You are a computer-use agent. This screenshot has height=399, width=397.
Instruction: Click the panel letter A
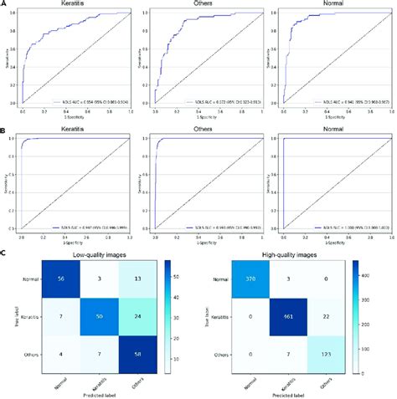click(x=4, y=4)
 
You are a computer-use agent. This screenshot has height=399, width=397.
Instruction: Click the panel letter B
click(x=4, y=130)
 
